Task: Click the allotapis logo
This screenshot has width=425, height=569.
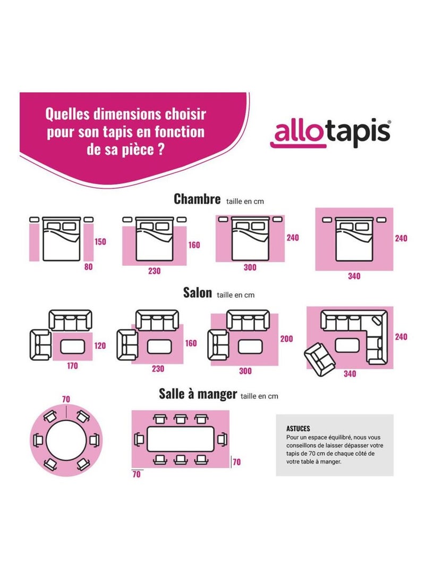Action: tap(331, 133)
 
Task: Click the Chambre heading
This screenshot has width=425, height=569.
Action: tap(197, 199)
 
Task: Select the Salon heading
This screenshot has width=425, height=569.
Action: tap(197, 292)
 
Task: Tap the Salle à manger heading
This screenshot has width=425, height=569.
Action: tap(198, 394)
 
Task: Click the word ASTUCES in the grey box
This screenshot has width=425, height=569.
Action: tap(298, 428)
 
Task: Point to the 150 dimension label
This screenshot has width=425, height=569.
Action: tap(100, 241)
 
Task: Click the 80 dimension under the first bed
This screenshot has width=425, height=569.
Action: tap(88, 267)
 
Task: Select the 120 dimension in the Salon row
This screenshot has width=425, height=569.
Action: tap(100, 346)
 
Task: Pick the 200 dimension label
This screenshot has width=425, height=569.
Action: tap(287, 339)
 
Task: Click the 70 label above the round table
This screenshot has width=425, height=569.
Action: tap(66, 399)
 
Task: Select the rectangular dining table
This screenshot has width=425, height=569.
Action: tap(180, 439)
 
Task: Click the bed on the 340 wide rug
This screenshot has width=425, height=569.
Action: tap(354, 239)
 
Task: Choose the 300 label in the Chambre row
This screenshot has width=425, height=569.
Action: tap(250, 267)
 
